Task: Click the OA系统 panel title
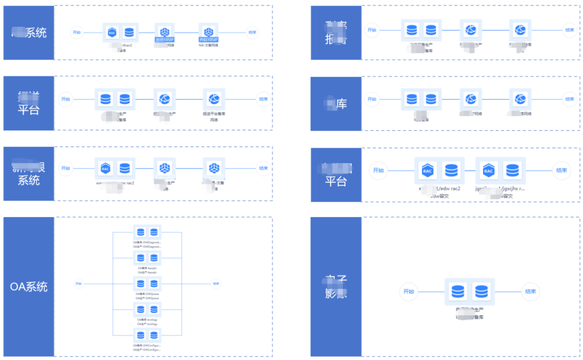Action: pos(29,287)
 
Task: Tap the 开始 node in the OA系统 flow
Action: pos(78,283)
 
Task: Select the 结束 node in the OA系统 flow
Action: pos(216,283)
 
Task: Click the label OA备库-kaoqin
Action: pos(147,268)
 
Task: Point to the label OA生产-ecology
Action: pos(147,324)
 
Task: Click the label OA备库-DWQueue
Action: pos(147,294)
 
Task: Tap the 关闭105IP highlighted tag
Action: pos(165,39)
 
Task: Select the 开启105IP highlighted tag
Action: pos(208,39)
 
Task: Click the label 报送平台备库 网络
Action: pos(214,117)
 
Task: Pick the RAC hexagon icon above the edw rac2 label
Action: pos(428,171)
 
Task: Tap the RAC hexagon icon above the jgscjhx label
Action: pos(489,171)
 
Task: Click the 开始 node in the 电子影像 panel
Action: pos(408,292)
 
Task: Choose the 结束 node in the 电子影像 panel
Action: pos(531,292)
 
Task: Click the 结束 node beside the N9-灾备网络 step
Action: pos(252,32)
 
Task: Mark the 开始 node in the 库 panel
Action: pos(371,99)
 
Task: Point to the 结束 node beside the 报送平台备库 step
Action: pos(263,99)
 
